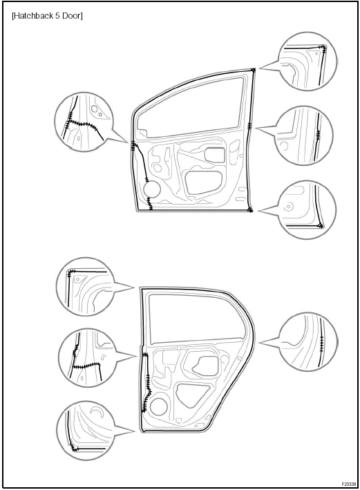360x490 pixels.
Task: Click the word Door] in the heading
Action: point(72,16)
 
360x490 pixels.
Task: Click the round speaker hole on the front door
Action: point(152,189)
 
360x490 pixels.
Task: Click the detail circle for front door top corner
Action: point(307,62)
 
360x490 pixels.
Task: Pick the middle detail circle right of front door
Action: point(304,135)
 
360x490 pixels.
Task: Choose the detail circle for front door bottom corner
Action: point(307,209)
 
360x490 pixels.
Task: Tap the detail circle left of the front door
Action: point(83,122)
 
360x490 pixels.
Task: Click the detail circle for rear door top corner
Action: point(85,287)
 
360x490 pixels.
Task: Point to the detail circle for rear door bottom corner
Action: point(86,431)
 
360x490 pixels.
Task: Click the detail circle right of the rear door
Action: point(307,341)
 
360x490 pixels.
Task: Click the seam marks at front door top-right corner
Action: point(254,70)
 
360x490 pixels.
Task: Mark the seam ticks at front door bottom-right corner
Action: point(250,209)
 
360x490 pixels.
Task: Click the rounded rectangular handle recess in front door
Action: point(215,155)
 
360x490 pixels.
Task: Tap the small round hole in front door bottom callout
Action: point(290,207)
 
